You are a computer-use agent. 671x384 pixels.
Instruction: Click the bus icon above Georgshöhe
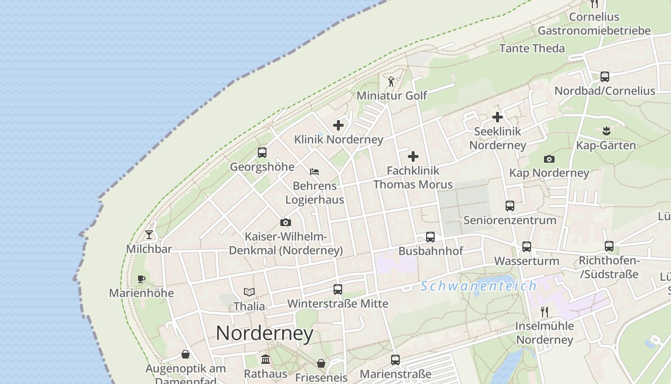[262, 153]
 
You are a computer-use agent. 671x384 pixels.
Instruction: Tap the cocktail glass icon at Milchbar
[149, 235]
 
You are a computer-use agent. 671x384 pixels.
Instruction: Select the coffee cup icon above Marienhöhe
[141, 279]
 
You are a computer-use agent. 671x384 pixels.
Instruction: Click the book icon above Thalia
[249, 292]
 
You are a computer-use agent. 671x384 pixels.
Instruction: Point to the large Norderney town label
[265, 333]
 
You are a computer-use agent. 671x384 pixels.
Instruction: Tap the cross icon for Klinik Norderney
[338, 125]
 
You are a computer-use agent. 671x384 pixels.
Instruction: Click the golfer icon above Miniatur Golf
[391, 82]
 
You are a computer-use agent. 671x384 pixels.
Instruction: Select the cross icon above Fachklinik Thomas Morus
[413, 156]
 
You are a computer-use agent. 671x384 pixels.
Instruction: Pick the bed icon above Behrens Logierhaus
[314, 172]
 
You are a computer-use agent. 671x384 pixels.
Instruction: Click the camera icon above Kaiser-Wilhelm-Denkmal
[286, 223]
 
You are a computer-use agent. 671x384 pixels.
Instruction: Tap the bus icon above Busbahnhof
[430, 237]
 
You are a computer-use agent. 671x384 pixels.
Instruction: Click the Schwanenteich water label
[478, 287]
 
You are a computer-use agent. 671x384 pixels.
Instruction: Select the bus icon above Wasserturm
[527, 247]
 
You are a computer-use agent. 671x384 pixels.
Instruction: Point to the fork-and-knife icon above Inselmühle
[544, 312]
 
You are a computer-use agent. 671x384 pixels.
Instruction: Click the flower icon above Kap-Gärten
[606, 131]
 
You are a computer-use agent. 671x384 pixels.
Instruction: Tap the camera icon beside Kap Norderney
[549, 159]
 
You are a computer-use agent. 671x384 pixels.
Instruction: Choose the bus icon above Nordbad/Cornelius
[605, 76]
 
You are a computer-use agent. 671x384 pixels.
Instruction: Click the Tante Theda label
[532, 48]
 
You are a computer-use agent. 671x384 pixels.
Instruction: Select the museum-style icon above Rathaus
[266, 360]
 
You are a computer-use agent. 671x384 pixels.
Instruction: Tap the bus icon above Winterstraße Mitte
[338, 289]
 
